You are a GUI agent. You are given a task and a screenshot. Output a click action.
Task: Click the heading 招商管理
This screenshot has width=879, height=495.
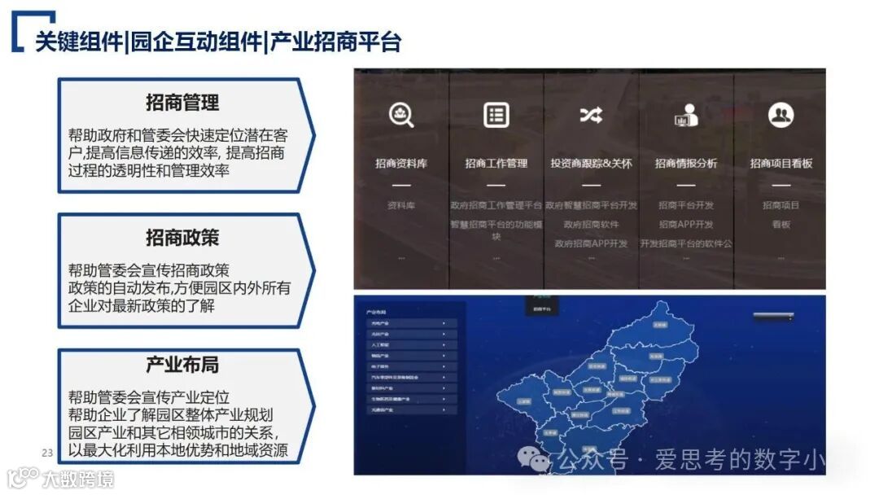click(x=182, y=103)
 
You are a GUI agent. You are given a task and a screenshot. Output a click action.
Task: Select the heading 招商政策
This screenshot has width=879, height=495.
click(x=182, y=238)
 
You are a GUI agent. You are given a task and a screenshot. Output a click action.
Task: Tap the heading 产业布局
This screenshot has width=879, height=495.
click(x=182, y=364)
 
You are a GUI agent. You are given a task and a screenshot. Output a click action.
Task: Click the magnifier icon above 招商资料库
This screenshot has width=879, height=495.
click(x=401, y=115)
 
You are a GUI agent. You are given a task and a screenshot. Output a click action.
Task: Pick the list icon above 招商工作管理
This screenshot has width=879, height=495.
click(x=496, y=115)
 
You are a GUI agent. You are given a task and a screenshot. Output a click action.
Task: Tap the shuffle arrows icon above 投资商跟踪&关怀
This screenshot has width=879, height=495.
click(x=591, y=115)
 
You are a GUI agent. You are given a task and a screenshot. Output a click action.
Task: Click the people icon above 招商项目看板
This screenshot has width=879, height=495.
click(x=781, y=115)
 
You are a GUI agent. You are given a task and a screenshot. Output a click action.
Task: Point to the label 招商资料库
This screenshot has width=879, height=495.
click(x=401, y=164)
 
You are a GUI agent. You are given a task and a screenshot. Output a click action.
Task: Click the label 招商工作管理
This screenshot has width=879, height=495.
click(x=496, y=164)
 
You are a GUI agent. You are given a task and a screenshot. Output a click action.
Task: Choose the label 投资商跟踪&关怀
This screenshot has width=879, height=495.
click(x=591, y=164)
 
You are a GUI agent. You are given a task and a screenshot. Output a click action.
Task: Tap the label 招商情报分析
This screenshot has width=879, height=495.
click(x=686, y=164)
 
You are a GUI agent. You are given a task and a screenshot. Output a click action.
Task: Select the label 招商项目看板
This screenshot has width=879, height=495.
click(x=781, y=164)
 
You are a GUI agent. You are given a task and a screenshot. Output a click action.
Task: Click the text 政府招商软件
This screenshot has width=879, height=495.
click(x=591, y=225)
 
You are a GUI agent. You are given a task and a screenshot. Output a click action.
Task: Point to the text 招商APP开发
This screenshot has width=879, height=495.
click(x=686, y=225)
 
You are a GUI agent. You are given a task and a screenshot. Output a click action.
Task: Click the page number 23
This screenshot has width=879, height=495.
click(x=46, y=453)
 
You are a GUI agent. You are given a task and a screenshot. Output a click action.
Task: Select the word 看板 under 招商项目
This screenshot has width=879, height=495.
click(x=781, y=225)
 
